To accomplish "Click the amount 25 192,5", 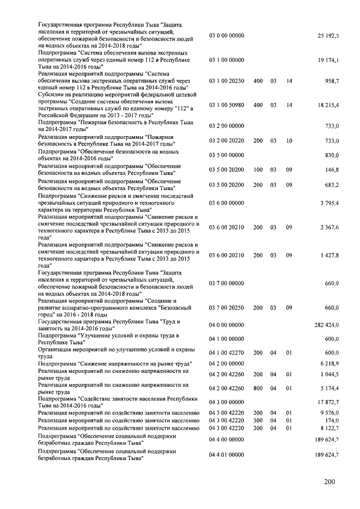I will click(328, 35).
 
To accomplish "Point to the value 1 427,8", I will click(329, 255).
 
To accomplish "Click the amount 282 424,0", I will click(326, 325).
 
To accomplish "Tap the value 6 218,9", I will click(329, 364).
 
